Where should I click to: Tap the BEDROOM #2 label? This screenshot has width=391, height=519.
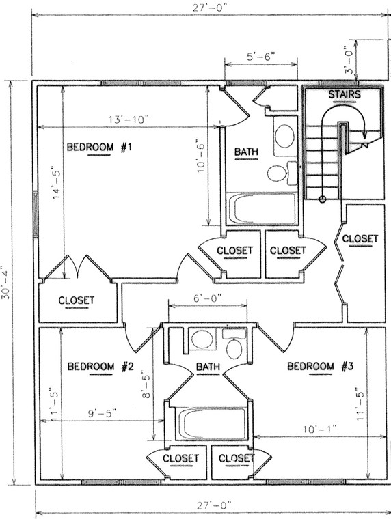(x=100, y=367)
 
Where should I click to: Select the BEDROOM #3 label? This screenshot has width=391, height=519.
(x=319, y=367)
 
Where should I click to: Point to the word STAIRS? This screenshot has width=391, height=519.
(x=345, y=94)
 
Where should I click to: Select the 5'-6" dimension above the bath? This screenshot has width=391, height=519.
(x=260, y=58)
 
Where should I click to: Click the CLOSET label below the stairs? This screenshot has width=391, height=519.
(x=360, y=238)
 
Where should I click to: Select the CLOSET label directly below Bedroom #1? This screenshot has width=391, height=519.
(x=77, y=300)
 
